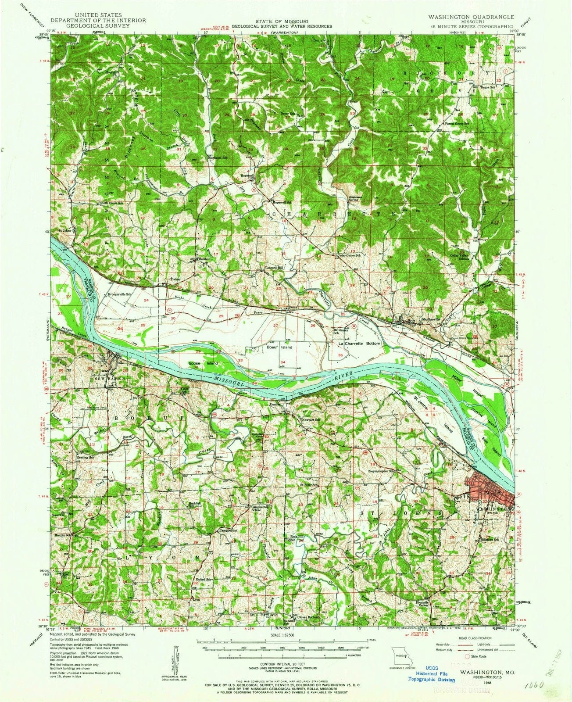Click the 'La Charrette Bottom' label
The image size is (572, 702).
[358, 344]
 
